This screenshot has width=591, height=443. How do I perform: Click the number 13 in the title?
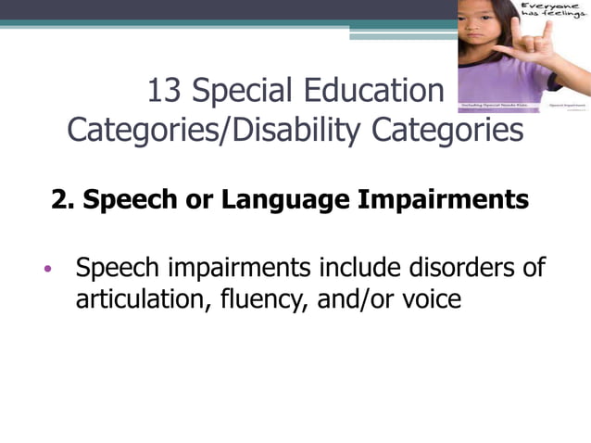[x=167, y=91]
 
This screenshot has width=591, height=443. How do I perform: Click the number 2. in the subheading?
[x=63, y=201]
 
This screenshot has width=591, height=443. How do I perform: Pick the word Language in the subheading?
[x=274, y=201]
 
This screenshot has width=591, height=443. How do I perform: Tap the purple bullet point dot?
[x=48, y=271]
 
